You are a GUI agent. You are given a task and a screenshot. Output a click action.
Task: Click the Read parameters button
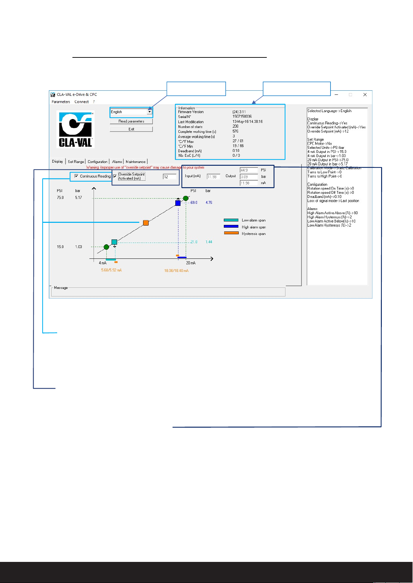click(x=131, y=121)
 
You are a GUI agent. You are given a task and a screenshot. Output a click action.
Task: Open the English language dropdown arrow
click(x=149, y=112)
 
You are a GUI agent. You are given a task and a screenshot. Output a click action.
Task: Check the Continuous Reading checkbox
click(x=77, y=176)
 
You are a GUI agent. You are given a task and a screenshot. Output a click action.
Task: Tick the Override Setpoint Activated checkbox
click(x=115, y=176)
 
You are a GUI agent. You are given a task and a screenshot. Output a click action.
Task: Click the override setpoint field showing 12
click(x=169, y=177)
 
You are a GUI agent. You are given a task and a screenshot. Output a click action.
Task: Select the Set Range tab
click(x=76, y=162)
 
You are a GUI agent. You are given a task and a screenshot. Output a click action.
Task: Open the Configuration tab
click(x=97, y=162)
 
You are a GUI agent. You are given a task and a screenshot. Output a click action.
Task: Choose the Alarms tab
click(x=117, y=162)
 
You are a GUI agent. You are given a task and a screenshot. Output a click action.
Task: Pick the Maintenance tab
click(x=135, y=162)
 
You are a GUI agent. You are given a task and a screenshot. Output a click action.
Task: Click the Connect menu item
click(x=81, y=102)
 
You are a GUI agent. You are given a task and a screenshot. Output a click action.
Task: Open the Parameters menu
click(x=61, y=102)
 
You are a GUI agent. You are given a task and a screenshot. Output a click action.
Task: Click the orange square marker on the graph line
click(x=146, y=223)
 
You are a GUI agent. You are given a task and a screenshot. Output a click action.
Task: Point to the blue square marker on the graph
click(x=178, y=203)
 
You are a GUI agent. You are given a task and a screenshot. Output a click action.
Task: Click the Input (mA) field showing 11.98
click(x=213, y=177)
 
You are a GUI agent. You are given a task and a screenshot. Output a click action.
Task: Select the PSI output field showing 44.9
click(x=249, y=170)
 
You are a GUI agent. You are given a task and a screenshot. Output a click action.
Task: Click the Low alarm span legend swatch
click(x=231, y=220)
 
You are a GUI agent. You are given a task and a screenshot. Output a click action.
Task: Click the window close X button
click(x=365, y=94)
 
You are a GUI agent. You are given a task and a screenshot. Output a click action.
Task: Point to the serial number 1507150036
click(x=242, y=117)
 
